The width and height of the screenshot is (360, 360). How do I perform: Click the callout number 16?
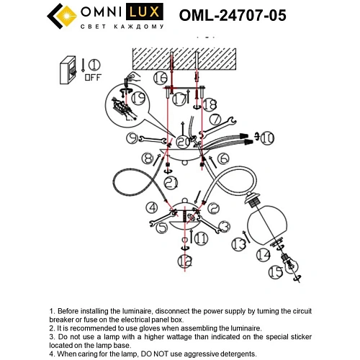(160, 76)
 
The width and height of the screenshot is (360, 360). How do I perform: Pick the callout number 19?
(138, 99)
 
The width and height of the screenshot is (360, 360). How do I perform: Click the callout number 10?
(266, 137)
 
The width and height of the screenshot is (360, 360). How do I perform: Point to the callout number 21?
(171, 184)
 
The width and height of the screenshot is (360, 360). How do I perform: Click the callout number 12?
(186, 261)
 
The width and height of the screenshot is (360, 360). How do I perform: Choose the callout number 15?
(275, 272)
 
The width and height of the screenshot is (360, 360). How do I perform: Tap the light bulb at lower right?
(292, 267)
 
